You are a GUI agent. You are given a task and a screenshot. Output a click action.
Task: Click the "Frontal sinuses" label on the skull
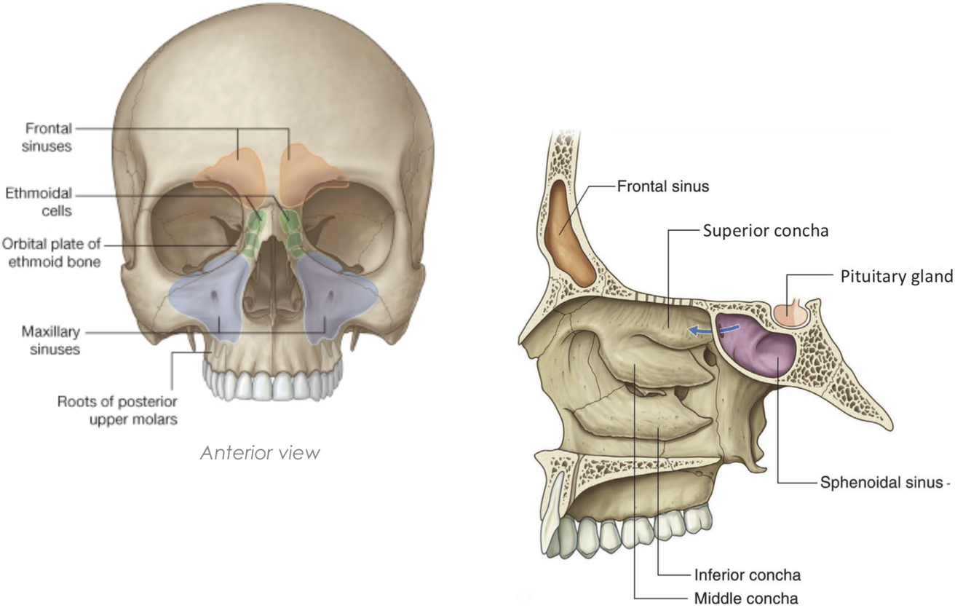pyautogui.click(x=49, y=137)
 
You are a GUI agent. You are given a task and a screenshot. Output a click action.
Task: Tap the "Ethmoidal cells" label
pyautogui.click(x=39, y=202)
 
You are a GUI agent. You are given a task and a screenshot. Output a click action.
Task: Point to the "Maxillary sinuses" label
pyautogui.click(x=50, y=341)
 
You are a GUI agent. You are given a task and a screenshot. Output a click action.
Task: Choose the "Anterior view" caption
pyautogui.click(x=260, y=452)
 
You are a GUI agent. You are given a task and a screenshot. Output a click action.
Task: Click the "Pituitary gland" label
pyautogui.click(x=896, y=277)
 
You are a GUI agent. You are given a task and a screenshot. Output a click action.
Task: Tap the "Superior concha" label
pyautogui.click(x=766, y=231)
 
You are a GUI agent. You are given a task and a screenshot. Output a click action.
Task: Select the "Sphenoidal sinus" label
pyautogui.click(x=881, y=482)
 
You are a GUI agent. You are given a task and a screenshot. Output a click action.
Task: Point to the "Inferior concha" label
pyautogui.click(x=748, y=574)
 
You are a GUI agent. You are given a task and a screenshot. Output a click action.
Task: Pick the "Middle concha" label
pyautogui.click(x=746, y=599)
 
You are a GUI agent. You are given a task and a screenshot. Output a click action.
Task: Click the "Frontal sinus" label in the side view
pyautogui.click(x=662, y=186)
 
